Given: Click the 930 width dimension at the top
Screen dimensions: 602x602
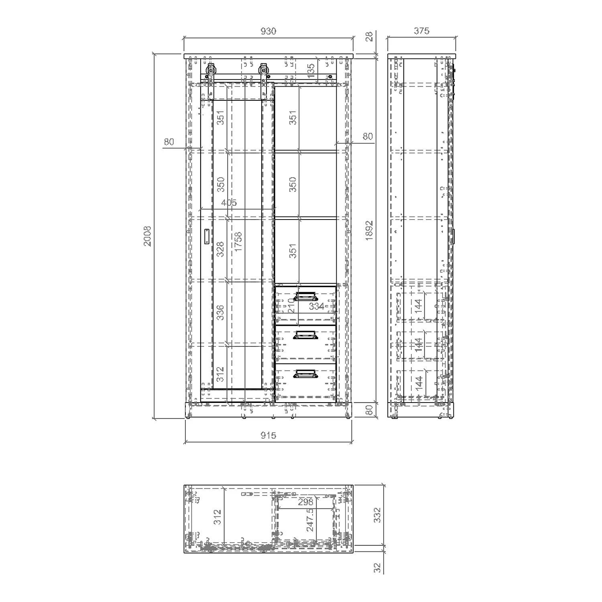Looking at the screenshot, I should point(268,31).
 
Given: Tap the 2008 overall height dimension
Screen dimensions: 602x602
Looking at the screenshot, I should point(148,236).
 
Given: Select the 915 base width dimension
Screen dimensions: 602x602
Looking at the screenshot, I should point(268,435).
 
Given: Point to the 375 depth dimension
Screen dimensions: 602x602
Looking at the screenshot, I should point(421,31).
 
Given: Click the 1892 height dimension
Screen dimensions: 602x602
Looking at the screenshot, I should point(369,231).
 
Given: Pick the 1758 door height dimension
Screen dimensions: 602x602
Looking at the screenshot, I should point(238,242).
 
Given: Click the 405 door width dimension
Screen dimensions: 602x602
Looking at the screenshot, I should point(229,203).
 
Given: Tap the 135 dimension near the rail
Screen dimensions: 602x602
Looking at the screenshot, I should point(311,70).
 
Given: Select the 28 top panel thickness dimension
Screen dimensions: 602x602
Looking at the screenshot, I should point(369,37).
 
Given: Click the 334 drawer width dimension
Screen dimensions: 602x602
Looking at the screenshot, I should point(317,307).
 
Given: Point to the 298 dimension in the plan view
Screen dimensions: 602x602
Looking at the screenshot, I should point(306,502).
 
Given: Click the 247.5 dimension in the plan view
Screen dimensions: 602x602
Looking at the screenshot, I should point(310,520).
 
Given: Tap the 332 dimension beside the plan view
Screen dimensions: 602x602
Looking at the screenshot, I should point(377,515).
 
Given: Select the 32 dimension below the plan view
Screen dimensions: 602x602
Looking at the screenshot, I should point(377,567).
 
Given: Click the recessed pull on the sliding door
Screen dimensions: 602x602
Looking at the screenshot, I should point(207,236).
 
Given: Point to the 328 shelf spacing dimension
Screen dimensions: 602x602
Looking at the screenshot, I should point(220,250).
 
